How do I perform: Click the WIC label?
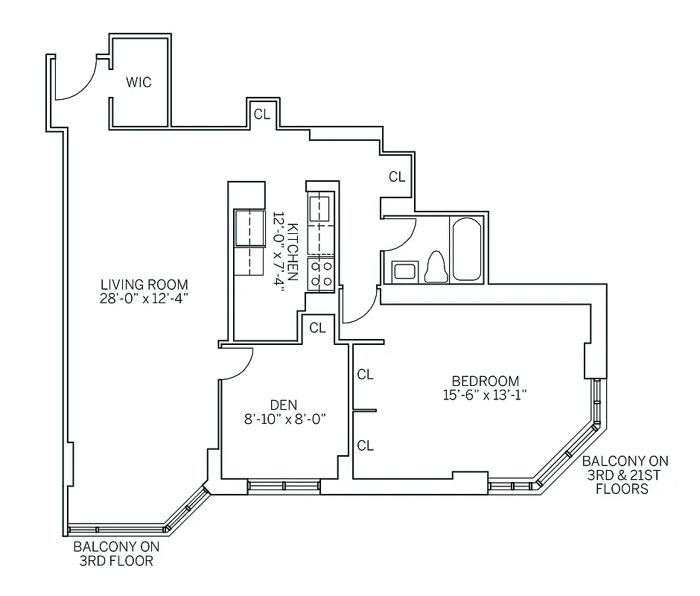[139, 82]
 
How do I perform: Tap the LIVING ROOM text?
[144, 285]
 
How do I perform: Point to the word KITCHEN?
[293, 251]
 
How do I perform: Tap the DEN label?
[284, 405]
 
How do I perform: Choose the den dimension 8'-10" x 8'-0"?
[284, 419]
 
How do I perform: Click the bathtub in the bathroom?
[467, 248]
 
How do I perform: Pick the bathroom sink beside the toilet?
[404, 270]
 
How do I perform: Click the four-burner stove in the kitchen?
[322, 272]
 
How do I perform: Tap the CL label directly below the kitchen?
[317, 327]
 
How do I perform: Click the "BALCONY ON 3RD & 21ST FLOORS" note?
[626, 475]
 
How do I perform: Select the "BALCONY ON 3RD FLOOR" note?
[115, 553]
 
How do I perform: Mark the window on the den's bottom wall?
[284, 486]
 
